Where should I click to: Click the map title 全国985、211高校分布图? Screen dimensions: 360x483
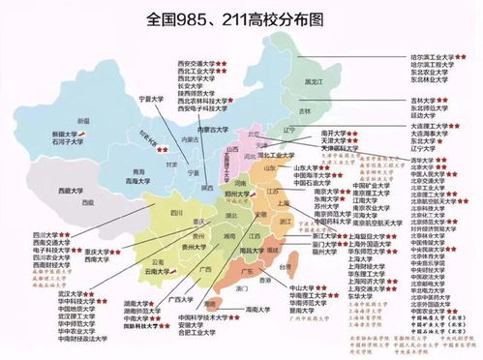[240, 18]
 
